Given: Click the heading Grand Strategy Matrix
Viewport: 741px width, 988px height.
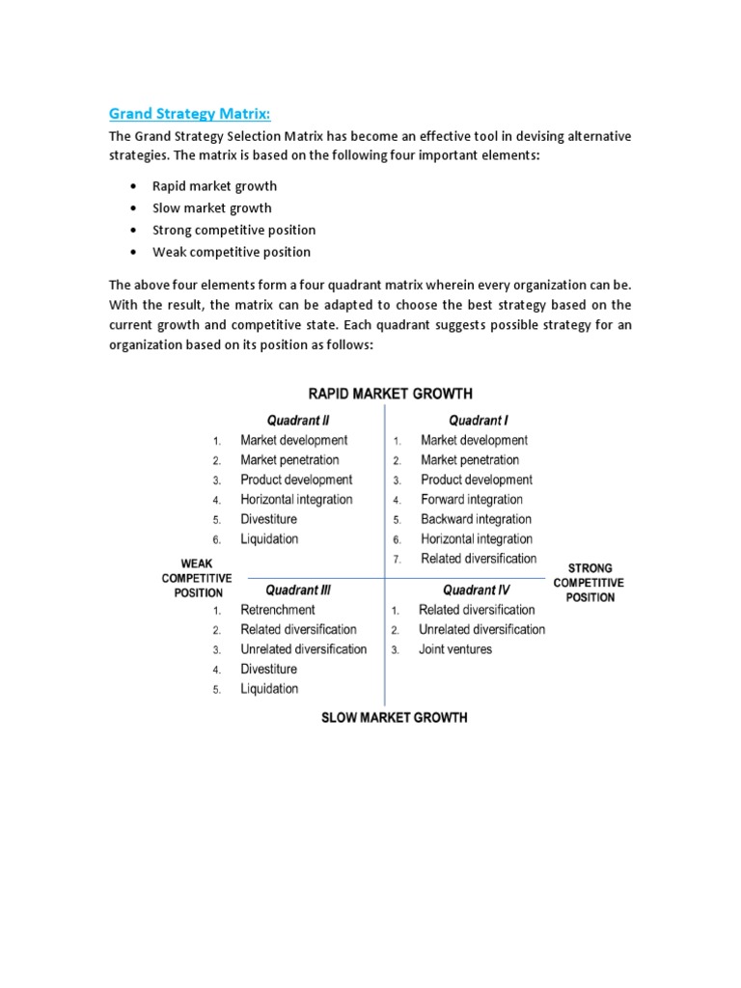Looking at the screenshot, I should click(197, 114).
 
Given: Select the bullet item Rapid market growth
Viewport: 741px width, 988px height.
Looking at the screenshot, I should click(214, 186).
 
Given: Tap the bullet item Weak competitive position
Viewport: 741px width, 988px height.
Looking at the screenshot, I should click(232, 252).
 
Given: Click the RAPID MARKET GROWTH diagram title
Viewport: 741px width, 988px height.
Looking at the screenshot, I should click(390, 394).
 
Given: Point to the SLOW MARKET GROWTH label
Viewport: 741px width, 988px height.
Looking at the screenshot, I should click(394, 718).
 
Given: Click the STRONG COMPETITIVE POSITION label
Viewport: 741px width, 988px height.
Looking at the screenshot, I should click(589, 583).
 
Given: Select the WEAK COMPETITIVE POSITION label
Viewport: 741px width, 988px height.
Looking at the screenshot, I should click(197, 578).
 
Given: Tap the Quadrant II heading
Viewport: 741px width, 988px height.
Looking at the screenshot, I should click(298, 420).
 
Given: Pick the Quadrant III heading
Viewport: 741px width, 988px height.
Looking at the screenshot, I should click(299, 590).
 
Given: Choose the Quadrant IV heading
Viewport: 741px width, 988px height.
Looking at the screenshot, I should click(477, 590).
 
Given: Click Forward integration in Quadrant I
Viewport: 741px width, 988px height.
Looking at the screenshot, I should click(472, 500).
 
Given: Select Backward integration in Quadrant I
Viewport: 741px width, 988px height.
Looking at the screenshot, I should click(476, 519).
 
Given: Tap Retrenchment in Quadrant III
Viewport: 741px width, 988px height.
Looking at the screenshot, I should click(278, 610).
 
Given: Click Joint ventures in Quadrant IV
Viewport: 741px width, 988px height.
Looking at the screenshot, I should click(454, 649).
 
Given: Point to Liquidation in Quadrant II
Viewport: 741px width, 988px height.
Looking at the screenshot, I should click(269, 539).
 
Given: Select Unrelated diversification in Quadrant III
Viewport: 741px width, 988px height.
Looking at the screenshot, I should click(303, 649).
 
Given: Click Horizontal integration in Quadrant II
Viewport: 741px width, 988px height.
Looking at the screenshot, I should click(296, 500).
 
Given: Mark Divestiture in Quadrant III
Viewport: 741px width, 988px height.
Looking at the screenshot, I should click(268, 669).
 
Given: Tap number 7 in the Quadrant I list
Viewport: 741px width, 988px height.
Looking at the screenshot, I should click(397, 560).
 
